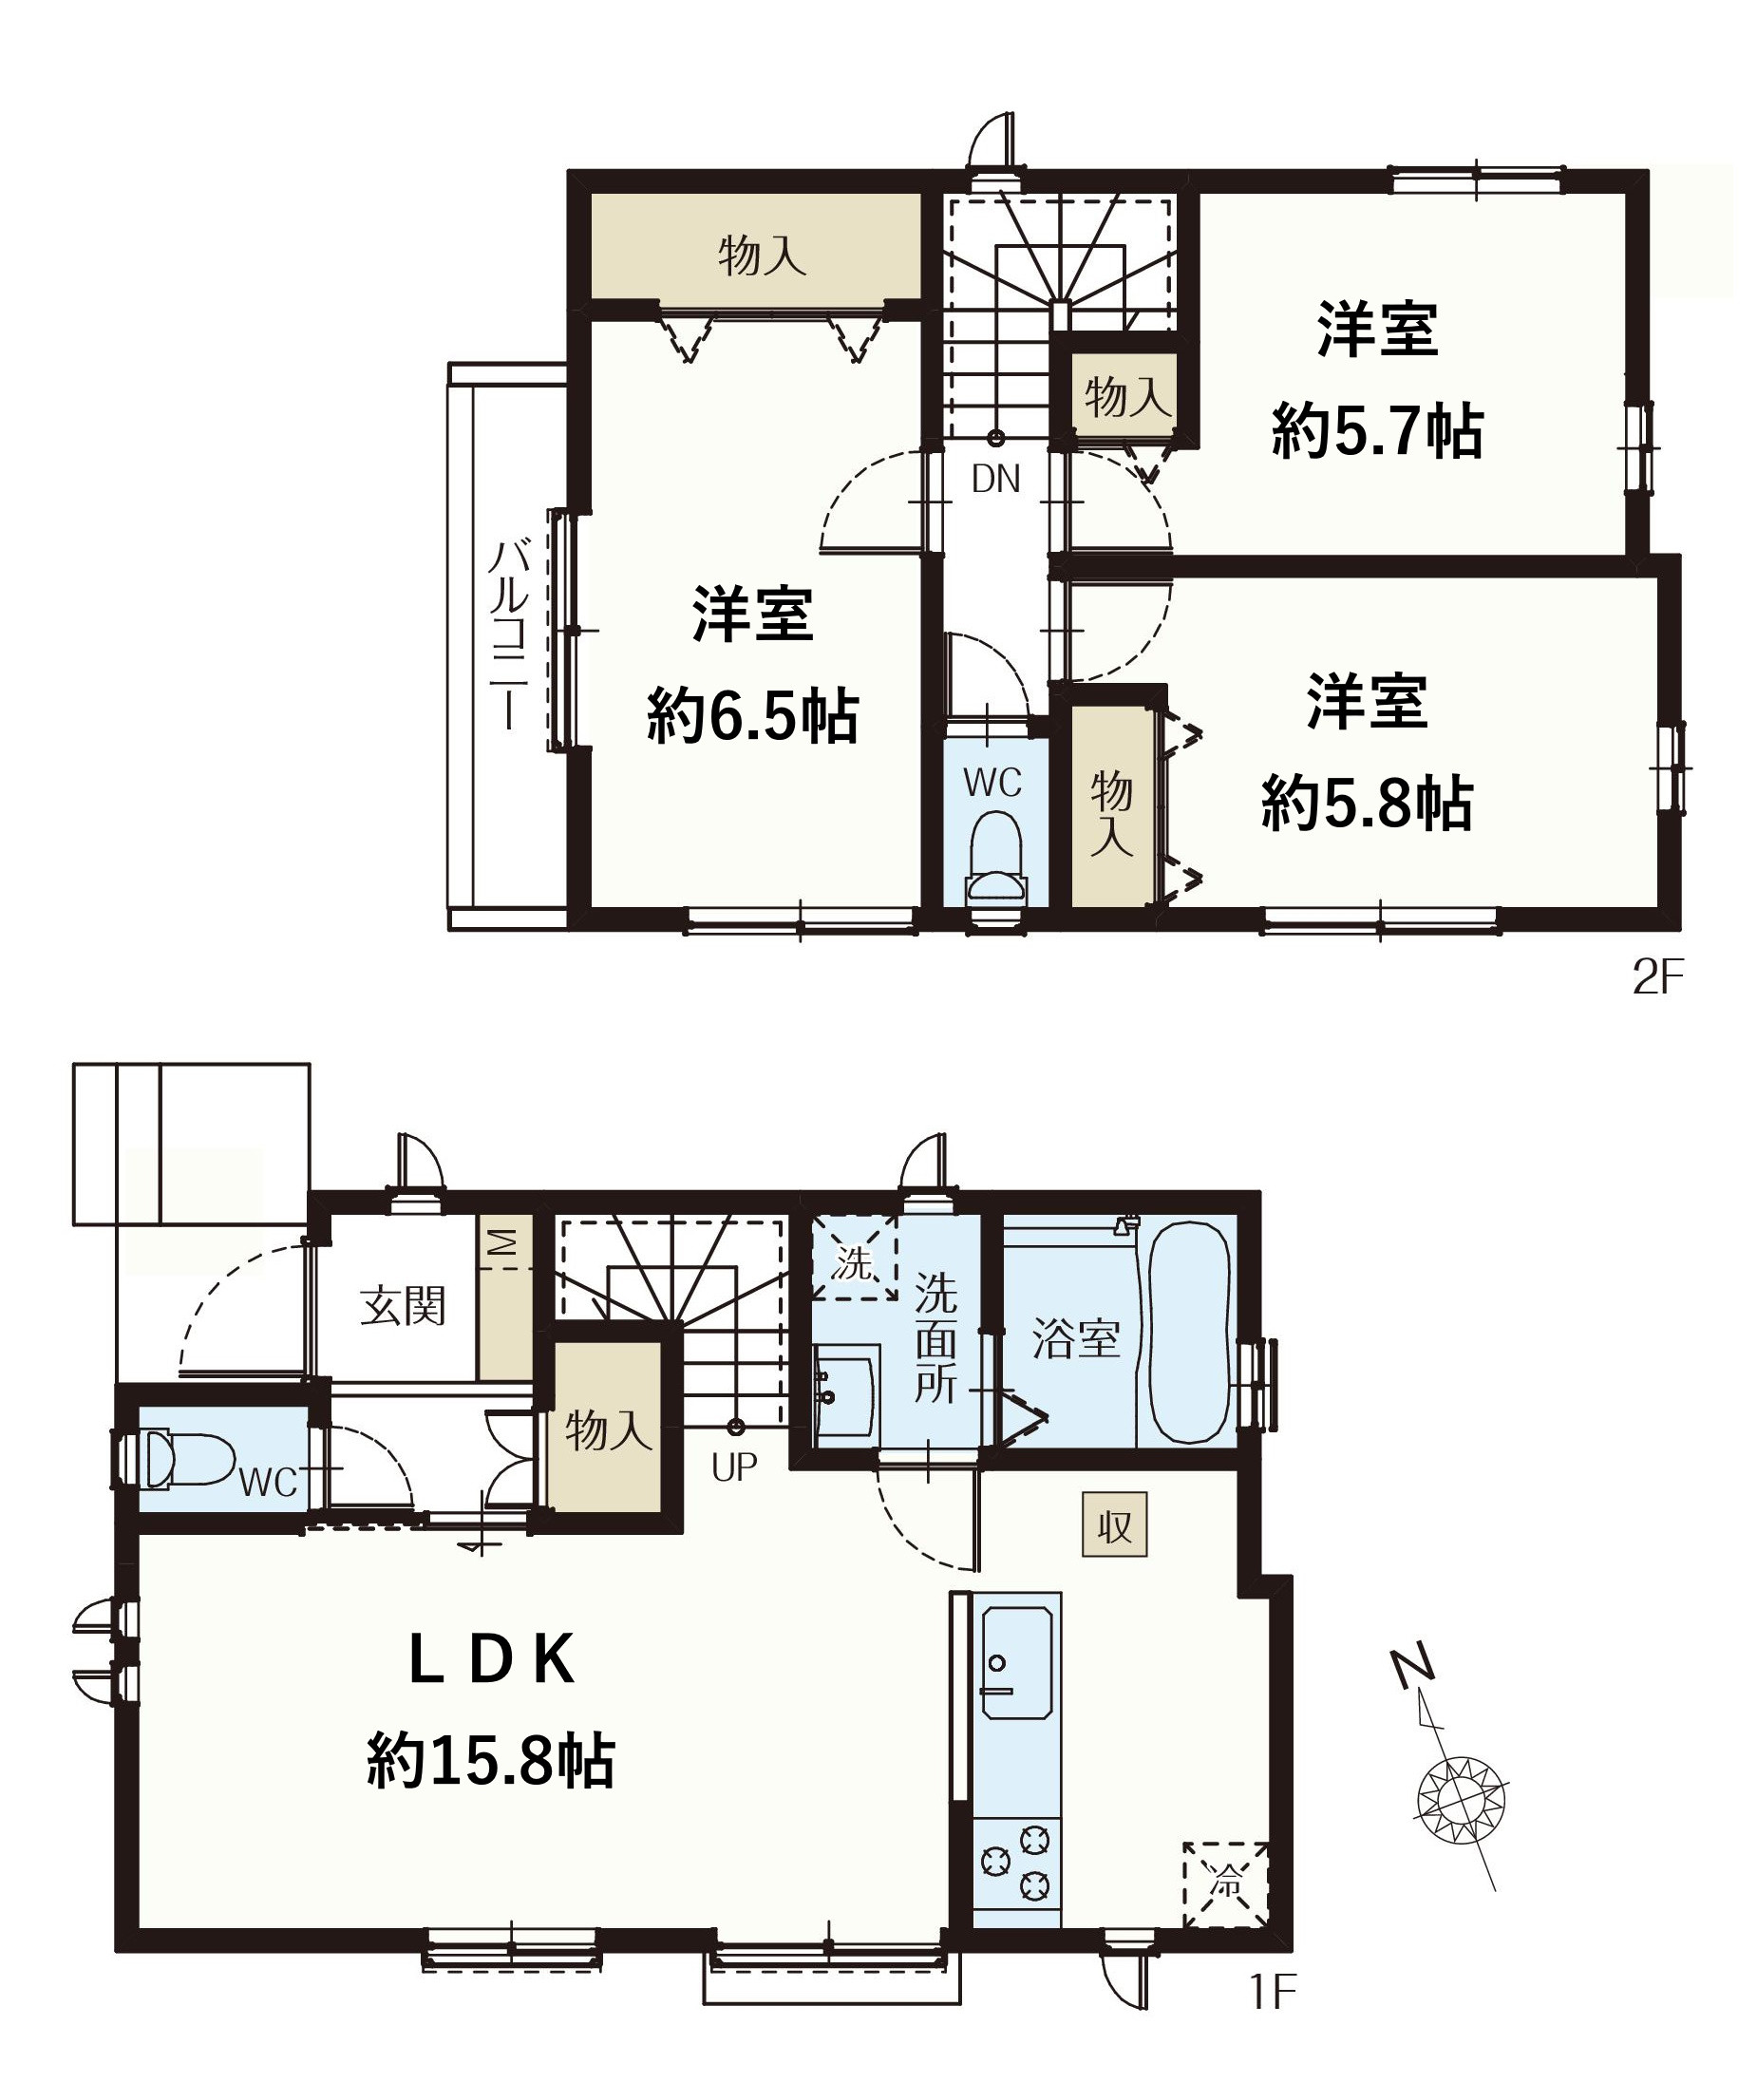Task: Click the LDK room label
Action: (493, 1660)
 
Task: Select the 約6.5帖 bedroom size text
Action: (753, 715)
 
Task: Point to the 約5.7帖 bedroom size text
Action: (1377, 430)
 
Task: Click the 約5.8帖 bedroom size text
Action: (1368, 803)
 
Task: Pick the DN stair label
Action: (996, 481)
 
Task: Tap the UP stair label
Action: (734, 1467)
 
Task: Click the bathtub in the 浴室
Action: (1190, 1332)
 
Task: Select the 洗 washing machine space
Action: (854, 1259)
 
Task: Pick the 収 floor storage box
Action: (1115, 1525)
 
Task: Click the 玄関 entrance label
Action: (403, 1306)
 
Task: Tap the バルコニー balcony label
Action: (508, 634)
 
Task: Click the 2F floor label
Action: (1657, 978)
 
